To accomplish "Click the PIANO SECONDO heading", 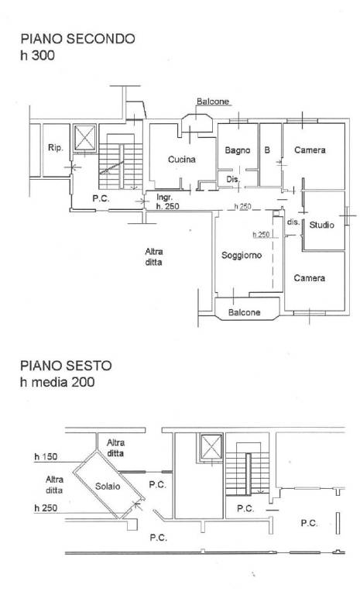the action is [x=77, y=39].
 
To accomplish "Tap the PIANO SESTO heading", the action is [x=66, y=366].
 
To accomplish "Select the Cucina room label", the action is [x=182, y=160].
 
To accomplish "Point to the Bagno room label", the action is [x=238, y=150].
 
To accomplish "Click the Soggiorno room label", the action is [x=242, y=256].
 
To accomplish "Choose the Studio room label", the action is [x=322, y=225].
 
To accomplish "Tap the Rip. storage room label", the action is [x=56, y=148].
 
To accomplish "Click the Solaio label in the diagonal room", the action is [x=108, y=486].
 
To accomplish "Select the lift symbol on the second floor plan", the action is [x=84, y=138].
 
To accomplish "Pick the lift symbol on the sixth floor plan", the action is [x=211, y=447].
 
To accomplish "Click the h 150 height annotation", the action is [x=46, y=456].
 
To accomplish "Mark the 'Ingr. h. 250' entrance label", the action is [x=168, y=202].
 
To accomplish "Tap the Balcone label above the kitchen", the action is [x=213, y=101].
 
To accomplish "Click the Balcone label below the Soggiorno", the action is [x=245, y=312].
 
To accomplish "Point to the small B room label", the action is [x=267, y=150].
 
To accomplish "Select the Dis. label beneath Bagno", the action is [x=233, y=179].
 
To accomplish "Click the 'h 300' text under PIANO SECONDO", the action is [x=38, y=56].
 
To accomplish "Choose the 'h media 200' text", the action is [x=57, y=382].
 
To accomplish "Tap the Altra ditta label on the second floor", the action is [x=153, y=256].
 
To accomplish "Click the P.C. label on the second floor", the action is [x=101, y=198].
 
